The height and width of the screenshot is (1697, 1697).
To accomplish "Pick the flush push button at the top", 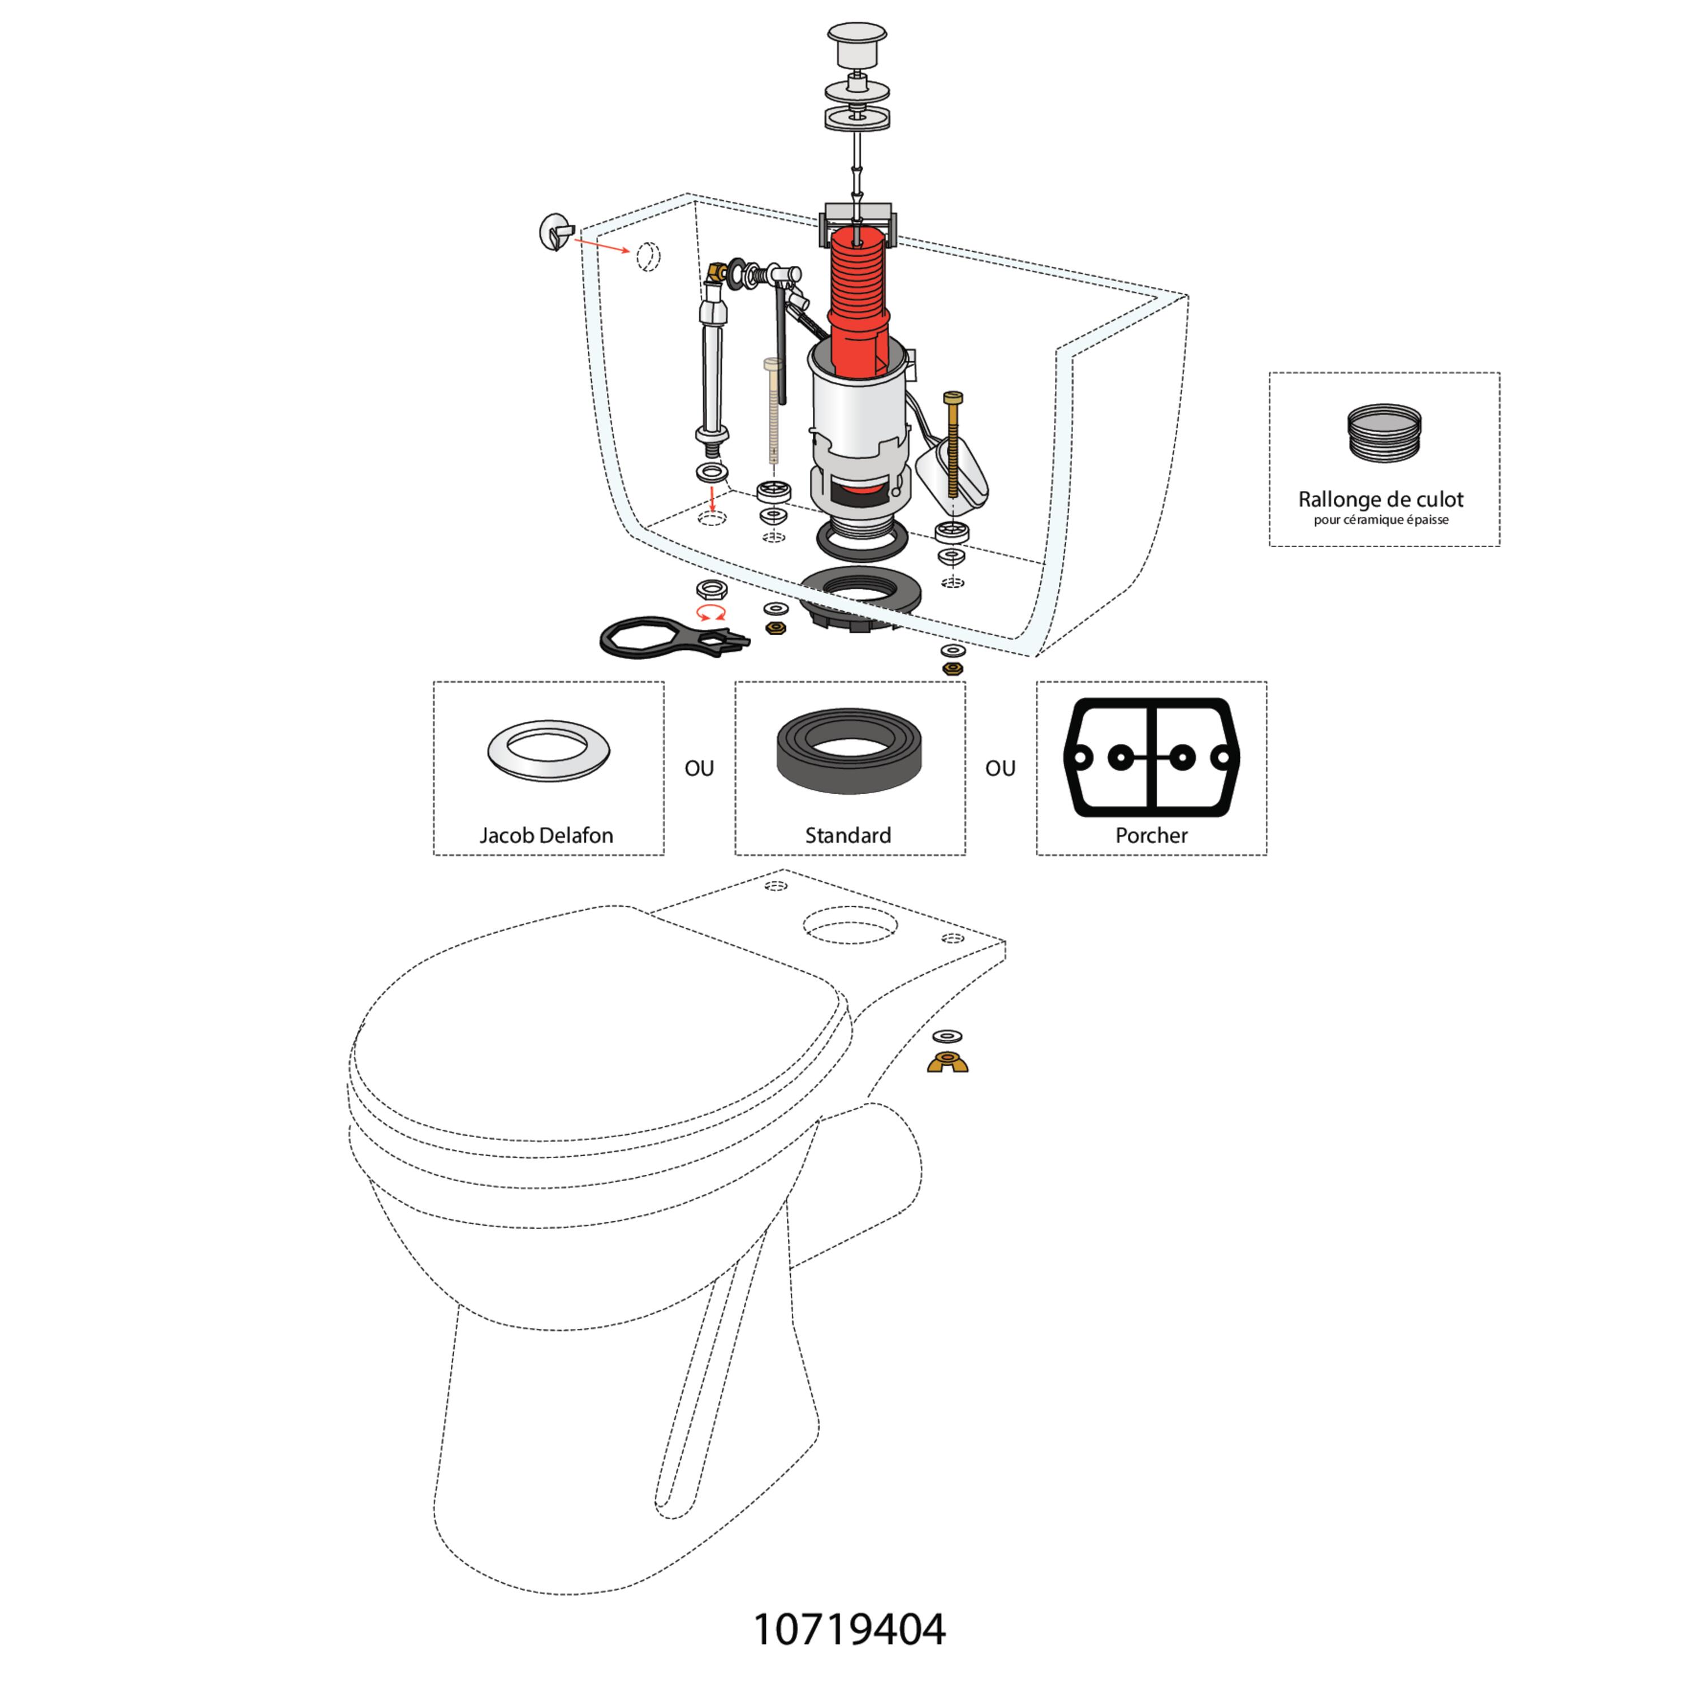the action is coord(856,44).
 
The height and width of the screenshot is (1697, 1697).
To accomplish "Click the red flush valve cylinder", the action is coord(858,299).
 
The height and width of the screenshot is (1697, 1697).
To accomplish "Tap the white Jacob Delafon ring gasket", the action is coord(549,752).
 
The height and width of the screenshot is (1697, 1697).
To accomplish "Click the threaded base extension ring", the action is coord(1384,433).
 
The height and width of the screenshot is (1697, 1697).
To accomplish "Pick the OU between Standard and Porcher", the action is coord(1001,769).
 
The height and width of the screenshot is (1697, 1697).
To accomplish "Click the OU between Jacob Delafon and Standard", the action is coord(699,769).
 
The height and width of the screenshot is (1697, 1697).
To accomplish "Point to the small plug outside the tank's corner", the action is coord(557,232).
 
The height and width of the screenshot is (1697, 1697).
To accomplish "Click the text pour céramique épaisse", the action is coord(1381,520).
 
